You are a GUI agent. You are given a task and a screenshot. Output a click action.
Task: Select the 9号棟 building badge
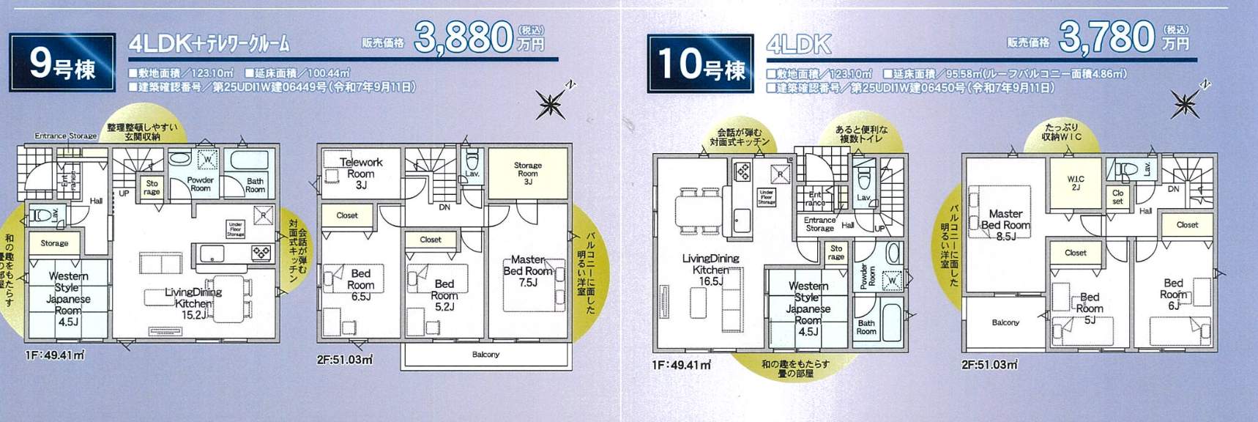(x=62, y=63)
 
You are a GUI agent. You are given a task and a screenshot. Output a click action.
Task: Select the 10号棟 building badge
(x=701, y=63)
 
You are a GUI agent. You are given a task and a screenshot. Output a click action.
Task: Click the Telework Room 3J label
(x=360, y=173)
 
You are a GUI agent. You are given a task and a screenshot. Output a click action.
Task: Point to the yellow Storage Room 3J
(x=527, y=173)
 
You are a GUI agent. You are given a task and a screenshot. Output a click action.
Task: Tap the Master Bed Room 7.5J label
(x=527, y=270)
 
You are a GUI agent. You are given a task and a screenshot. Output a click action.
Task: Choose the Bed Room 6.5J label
(x=360, y=284)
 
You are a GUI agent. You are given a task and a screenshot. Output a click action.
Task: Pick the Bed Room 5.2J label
(x=444, y=295)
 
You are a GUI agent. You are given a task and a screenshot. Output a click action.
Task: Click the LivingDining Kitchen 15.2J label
(x=193, y=303)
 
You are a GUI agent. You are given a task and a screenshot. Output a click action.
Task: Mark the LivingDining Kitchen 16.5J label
(x=710, y=270)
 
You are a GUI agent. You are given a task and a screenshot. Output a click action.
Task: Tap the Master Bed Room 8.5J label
(x=1005, y=225)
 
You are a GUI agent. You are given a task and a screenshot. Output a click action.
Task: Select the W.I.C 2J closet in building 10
(x=1076, y=182)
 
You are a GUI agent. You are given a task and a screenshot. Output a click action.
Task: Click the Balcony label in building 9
(x=485, y=355)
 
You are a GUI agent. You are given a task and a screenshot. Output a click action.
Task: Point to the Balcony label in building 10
(x=1005, y=322)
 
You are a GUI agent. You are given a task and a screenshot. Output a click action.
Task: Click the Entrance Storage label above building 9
(x=66, y=136)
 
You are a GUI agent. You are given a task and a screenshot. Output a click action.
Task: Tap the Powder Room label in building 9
(x=200, y=184)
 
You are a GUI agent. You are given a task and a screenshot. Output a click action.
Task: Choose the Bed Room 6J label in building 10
(x=1173, y=294)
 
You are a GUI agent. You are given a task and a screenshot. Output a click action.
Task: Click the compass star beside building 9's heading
(x=549, y=104)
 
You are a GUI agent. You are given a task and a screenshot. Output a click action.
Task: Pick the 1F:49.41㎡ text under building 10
(x=681, y=364)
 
